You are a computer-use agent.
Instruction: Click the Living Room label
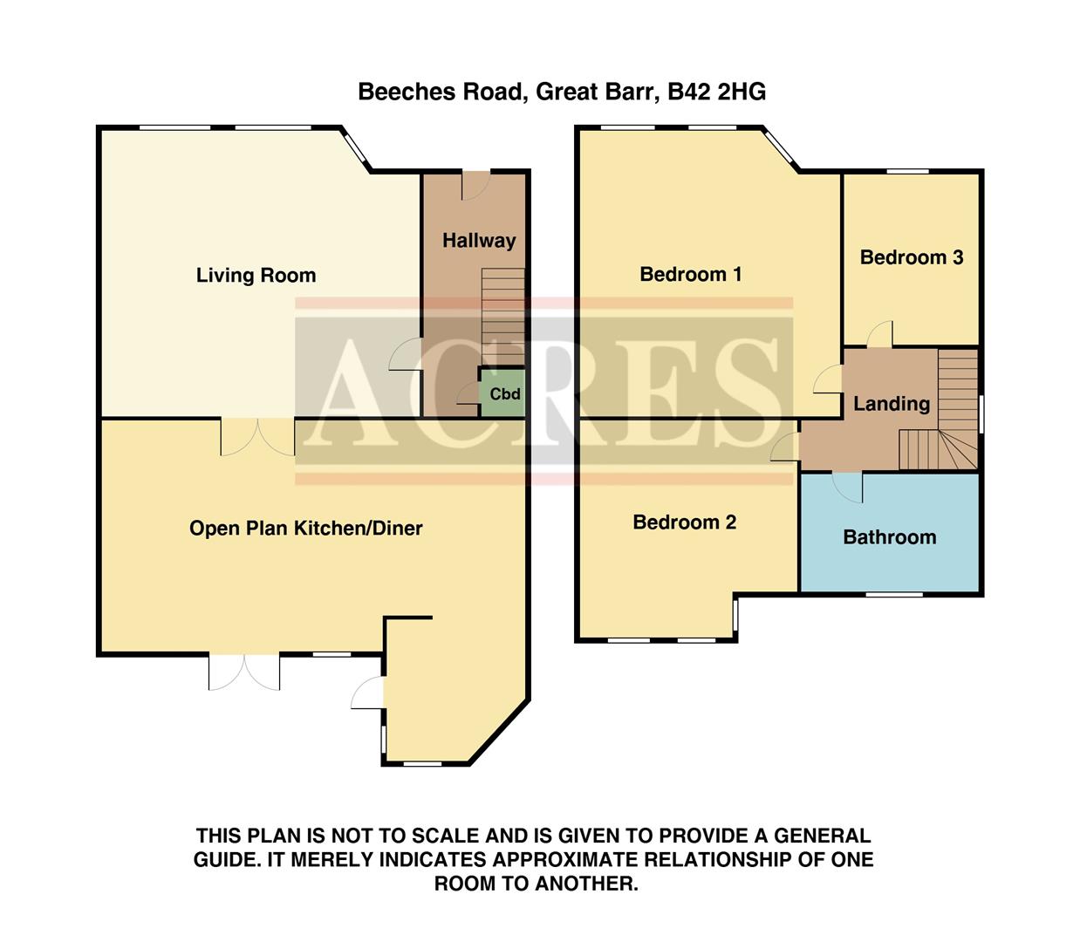(x=256, y=276)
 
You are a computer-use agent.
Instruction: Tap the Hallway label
(x=478, y=241)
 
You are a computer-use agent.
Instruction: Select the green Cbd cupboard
(x=503, y=393)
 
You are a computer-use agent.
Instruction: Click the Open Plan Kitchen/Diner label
(x=305, y=528)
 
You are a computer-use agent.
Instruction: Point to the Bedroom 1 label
(x=690, y=275)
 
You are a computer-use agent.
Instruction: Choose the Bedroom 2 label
(x=684, y=522)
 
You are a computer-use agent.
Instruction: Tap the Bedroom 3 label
(x=911, y=257)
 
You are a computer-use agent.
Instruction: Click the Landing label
(x=891, y=404)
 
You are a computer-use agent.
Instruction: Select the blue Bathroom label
(x=889, y=537)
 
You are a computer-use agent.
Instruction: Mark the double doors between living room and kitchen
(x=257, y=436)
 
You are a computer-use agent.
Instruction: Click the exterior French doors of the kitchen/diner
(x=244, y=672)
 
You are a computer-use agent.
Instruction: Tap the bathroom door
(x=848, y=485)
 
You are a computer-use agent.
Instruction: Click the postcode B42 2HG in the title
(x=716, y=92)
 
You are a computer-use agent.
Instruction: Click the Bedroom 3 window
(x=907, y=172)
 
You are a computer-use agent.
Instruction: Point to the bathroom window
(x=893, y=595)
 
